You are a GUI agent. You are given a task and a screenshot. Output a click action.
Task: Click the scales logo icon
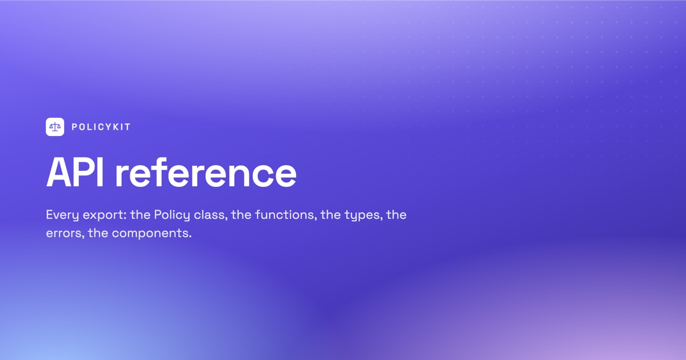coord(55,127)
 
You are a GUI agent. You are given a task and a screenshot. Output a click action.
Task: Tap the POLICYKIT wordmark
coord(101,127)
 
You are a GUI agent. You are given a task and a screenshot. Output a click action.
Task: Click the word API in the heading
coord(75,173)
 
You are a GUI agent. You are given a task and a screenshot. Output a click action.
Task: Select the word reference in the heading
coord(206,173)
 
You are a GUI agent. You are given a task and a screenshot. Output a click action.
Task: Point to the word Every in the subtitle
coord(63,215)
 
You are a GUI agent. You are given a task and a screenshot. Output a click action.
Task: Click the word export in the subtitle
coord(105,215)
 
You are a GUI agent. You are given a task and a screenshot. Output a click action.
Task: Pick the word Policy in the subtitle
coord(172,215)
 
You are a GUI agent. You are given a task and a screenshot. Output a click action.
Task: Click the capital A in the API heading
coord(59,173)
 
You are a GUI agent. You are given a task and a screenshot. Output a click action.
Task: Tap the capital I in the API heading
coord(100,173)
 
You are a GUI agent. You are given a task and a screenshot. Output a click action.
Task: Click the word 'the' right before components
coord(98,233)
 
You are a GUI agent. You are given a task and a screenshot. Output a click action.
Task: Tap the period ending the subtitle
coord(190,237)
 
